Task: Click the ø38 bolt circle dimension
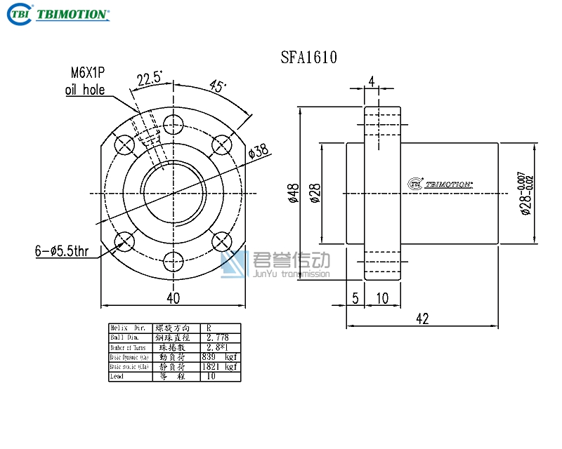pyautogui.click(x=259, y=152)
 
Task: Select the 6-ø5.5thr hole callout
pyautogui.click(x=62, y=250)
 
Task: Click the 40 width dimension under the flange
pyautogui.click(x=173, y=298)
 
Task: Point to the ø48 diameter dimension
pyautogui.click(x=294, y=193)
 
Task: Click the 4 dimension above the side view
pyautogui.click(x=371, y=81)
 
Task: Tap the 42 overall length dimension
pyautogui.click(x=422, y=319)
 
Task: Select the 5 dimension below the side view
pyautogui.click(x=355, y=298)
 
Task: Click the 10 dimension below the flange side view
pyautogui.click(x=382, y=298)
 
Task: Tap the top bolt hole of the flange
pyautogui.click(x=173, y=126)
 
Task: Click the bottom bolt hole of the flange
pyautogui.click(x=173, y=262)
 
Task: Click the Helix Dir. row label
pyautogui.click(x=129, y=328)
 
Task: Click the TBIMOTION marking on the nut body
pyautogui.click(x=440, y=184)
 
